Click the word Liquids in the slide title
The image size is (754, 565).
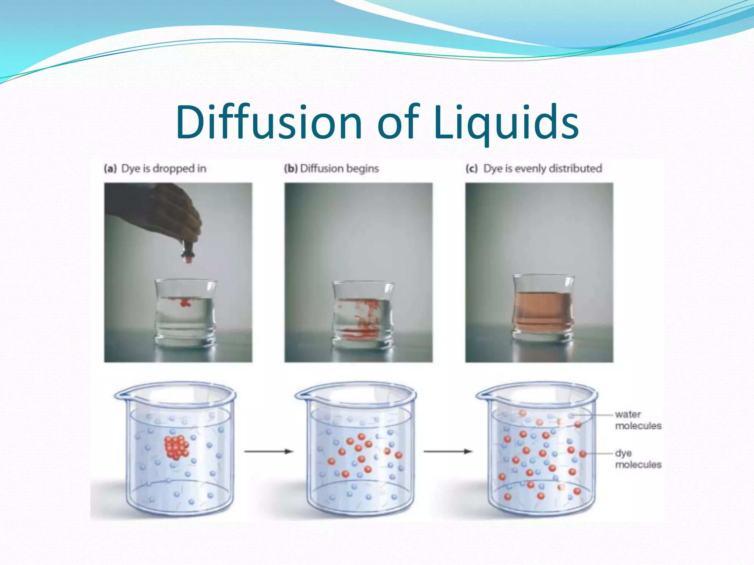506,123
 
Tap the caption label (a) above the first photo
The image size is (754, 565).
110,168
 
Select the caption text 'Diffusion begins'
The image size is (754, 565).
339,168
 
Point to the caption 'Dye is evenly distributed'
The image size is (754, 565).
542,168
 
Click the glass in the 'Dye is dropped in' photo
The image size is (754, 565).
185,313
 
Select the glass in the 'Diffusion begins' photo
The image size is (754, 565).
363,315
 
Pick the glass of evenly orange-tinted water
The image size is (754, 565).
543,309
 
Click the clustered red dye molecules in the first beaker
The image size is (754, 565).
176,447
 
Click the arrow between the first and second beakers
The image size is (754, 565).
268,451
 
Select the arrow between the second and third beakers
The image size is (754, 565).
448,451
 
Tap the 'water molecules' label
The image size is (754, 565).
638,420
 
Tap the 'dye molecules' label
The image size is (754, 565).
638,459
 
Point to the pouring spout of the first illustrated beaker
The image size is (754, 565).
120,395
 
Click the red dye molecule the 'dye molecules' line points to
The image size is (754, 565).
582,454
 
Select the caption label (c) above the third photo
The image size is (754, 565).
471,168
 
